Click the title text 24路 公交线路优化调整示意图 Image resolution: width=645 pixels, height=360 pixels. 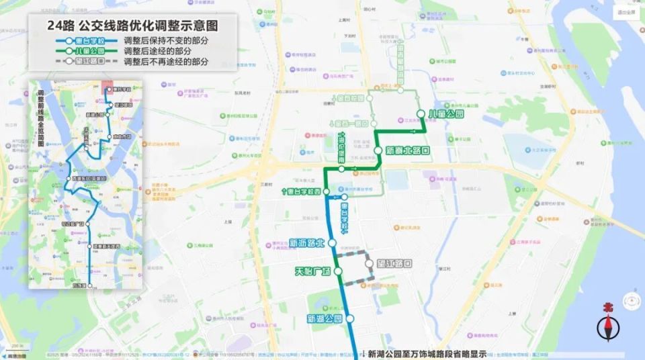point(133,25)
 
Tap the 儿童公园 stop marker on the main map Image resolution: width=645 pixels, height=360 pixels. point(421,114)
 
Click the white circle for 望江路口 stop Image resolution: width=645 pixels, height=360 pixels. point(370,264)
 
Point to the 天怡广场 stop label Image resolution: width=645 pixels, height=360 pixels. point(313,271)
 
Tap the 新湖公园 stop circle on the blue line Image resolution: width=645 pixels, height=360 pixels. point(349,318)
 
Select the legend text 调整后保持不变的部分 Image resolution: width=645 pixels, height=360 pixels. point(167,40)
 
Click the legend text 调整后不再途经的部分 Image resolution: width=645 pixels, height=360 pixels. point(167,61)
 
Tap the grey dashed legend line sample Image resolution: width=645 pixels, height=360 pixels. point(75,61)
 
